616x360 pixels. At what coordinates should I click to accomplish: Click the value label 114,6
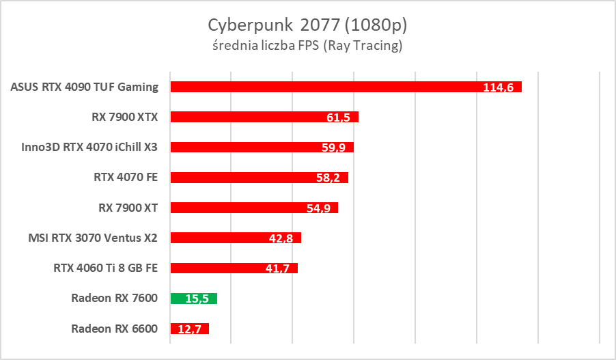(x=499, y=87)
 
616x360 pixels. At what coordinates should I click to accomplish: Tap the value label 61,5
(x=338, y=117)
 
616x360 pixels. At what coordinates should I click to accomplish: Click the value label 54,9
(x=318, y=208)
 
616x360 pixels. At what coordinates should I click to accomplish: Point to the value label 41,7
(x=277, y=268)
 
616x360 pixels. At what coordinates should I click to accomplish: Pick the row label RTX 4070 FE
(x=126, y=177)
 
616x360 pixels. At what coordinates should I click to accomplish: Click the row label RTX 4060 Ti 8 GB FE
(x=106, y=268)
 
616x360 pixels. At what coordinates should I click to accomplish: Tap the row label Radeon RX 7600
(x=114, y=298)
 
